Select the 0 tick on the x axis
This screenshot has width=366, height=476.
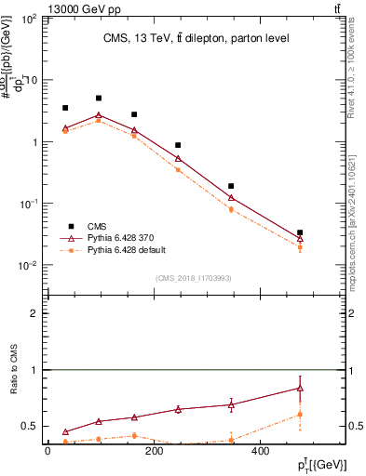pos(47,451)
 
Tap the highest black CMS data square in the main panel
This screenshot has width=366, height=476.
pos(99,98)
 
